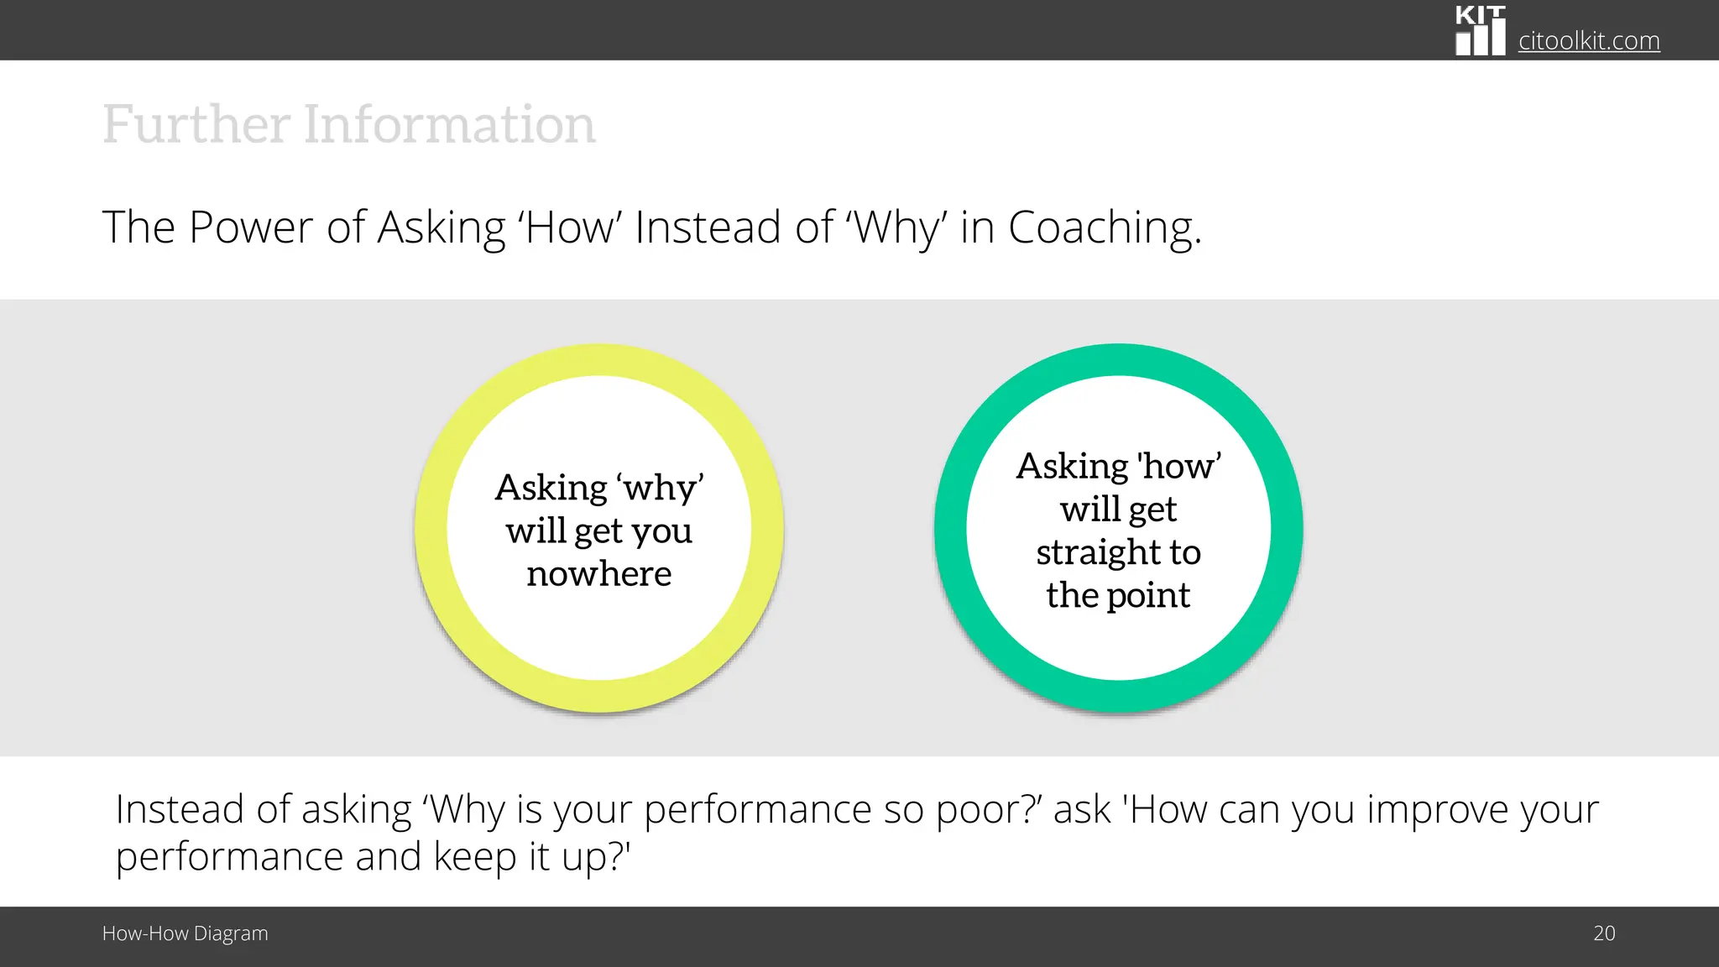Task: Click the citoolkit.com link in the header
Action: point(1588,40)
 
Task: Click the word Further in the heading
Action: point(196,124)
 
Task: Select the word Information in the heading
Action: point(449,124)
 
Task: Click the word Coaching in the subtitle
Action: point(1104,227)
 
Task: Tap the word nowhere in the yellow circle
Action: point(598,574)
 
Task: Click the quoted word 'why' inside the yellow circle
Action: point(660,488)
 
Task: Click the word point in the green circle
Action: point(1147,595)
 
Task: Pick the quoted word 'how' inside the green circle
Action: point(1178,467)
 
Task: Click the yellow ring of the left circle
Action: point(431,529)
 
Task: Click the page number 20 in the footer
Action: point(1603,933)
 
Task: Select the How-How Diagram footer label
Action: point(185,933)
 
